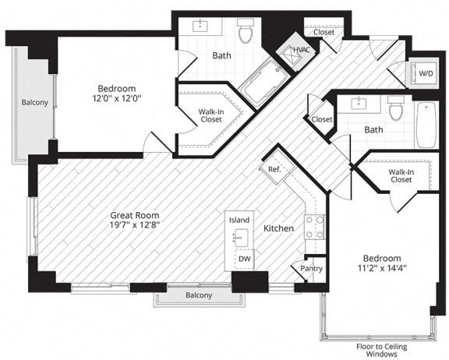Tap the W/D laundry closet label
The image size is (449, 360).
(x=427, y=74)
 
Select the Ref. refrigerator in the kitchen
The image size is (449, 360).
(x=274, y=169)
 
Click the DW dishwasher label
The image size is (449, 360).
(x=244, y=259)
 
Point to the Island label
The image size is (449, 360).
(x=239, y=221)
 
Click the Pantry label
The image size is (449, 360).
(x=311, y=268)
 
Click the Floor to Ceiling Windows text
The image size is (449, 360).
(x=377, y=348)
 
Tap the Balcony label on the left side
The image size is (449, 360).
(x=34, y=102)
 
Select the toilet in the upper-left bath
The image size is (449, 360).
(x=246, y=33)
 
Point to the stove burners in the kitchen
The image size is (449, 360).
(x=314, y=227)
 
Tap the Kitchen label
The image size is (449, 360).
(x=278, y=228)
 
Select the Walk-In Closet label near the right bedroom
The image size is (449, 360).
(x=401, y=175)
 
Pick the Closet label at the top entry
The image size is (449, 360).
(x=323, y=32)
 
